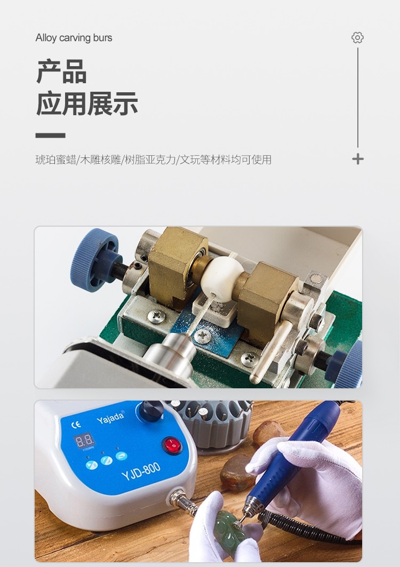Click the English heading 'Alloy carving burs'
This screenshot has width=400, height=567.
click(x=74, y=38)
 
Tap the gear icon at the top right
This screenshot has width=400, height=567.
click(x=357, y=38)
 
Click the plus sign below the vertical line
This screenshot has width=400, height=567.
click(x=358, y=159)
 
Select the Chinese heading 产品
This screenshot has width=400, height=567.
click(x=61, y=71)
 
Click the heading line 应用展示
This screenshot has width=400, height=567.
click(x=87, y=104)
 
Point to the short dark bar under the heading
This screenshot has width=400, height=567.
click(x=50, y=135)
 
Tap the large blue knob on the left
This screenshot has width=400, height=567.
click(x=95, y=255)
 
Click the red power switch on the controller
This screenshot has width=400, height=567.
click(x=172, y=445)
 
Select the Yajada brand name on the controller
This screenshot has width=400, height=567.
click(x=110, y=417)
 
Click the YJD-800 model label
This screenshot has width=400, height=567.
click(x=141, y=471)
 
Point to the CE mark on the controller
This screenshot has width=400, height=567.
click(x=76, y=425)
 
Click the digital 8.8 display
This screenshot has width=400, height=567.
click(x=84, y=441)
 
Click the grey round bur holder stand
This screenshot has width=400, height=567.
click(x=213, y=422)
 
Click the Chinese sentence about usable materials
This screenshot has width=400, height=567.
click(x=154, y=159)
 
